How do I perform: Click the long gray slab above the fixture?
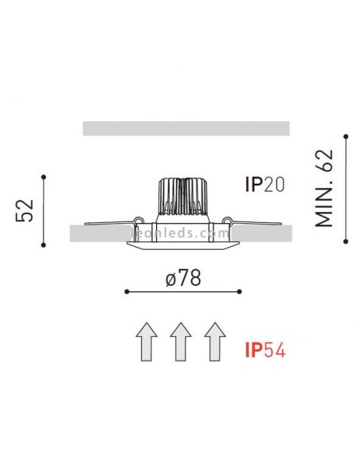coord(185,128)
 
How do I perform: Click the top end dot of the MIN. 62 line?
coord(345,137)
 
